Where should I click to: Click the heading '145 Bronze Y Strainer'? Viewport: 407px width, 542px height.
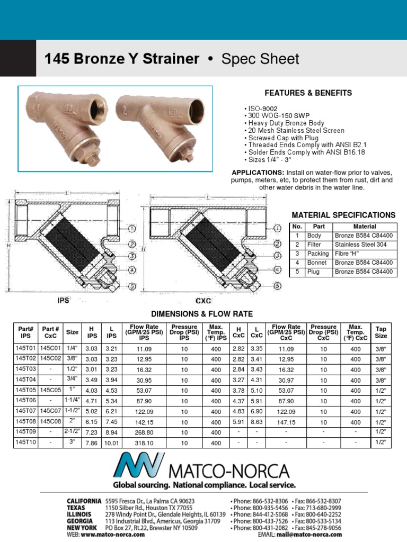pyautogui.click(x=118, y=59)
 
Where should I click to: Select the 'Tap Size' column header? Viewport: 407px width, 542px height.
pyautogui.click(x=381, y=332)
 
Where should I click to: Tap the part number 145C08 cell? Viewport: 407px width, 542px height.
pyautogui.click(x=51, y=422)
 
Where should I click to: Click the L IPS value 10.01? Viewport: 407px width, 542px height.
pyautogui.click(x=112, y=443)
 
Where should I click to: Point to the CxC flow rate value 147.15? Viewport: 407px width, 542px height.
pyautogui.click(x=286, y=422)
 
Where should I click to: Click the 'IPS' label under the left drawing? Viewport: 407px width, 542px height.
pyautogui.click(x=64, y=300)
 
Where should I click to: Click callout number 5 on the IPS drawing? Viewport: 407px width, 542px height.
pyautogui.click(x=132, y=286)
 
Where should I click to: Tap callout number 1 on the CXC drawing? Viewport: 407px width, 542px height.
pyautogui.click(x=277, y=228)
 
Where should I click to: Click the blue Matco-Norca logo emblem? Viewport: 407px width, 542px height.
pyautogui.click(x=139, y=465)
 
